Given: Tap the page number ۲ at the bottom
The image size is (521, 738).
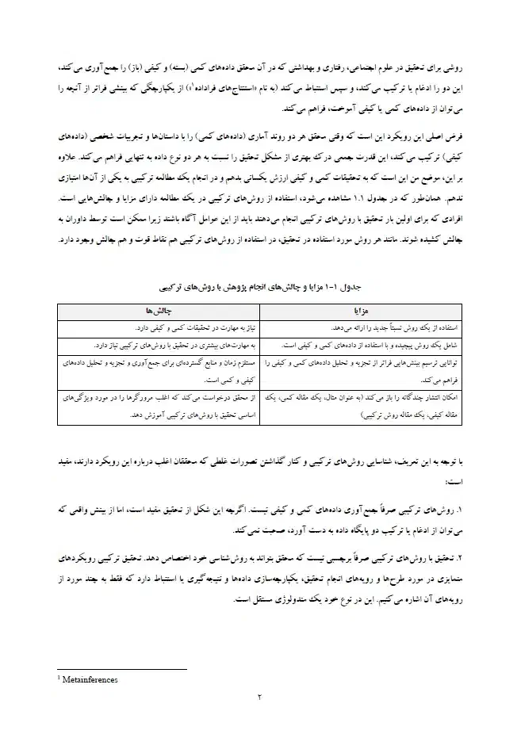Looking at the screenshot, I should (259, 698).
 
